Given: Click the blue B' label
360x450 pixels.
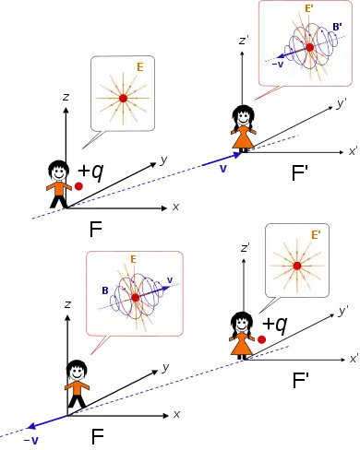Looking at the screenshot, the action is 337,27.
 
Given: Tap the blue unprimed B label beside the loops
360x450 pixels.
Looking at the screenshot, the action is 105,290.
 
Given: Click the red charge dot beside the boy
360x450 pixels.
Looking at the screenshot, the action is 78,186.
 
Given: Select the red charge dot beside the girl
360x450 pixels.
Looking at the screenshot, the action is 261,339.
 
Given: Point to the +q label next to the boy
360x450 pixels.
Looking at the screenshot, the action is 90,172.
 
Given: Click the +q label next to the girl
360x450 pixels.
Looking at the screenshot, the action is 275,325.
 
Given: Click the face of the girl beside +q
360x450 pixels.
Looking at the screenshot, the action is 242,324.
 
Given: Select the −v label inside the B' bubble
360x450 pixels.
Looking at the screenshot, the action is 278,65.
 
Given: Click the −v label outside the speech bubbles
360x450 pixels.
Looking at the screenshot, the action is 31,441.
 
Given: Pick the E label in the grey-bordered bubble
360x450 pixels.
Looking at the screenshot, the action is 140,67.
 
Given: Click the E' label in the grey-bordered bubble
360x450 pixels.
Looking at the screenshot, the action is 316,235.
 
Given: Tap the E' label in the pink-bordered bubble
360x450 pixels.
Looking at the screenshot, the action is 309,8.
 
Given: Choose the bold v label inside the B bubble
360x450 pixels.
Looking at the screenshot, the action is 170,280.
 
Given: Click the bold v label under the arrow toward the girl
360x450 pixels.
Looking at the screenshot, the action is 223,169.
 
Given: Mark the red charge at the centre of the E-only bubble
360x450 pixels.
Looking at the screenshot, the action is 123,99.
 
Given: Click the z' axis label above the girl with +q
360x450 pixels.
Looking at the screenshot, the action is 245,247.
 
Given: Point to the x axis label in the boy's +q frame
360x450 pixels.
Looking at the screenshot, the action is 175,207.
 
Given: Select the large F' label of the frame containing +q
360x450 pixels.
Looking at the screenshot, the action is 300,380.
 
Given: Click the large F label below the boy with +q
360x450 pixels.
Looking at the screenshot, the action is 96,229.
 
